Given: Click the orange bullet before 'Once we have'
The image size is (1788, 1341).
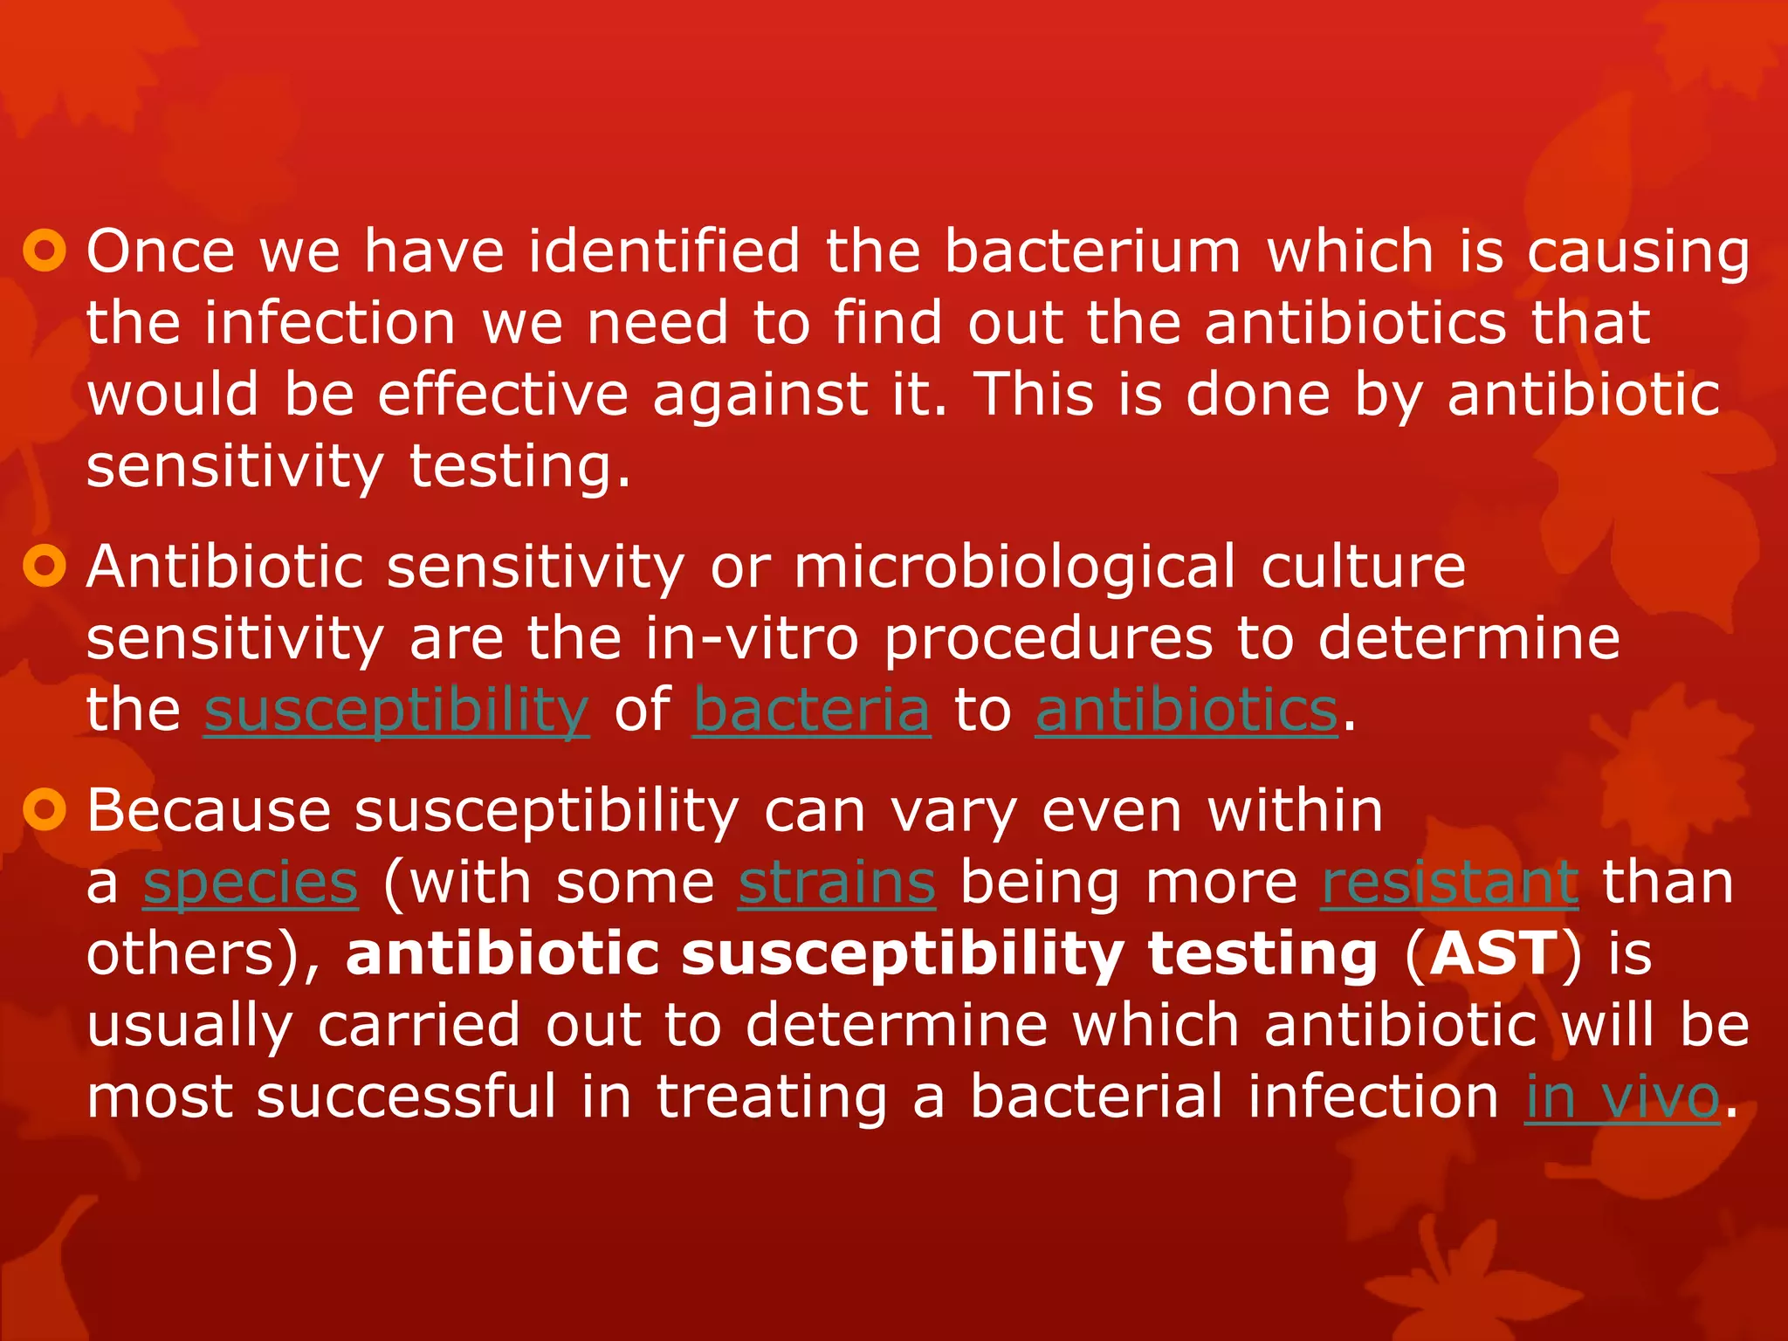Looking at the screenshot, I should pos(44,251).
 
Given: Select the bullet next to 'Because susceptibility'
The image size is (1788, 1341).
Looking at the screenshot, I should pos(44,811).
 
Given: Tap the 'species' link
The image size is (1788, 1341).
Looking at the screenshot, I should pos(251,883).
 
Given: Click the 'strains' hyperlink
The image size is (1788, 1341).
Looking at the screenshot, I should pos(837,883).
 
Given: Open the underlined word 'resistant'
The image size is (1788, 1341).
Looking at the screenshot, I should pos(1449,883).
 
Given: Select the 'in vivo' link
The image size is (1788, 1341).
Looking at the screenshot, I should pos(1622,1097).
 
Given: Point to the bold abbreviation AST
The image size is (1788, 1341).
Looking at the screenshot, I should pos(1494,953).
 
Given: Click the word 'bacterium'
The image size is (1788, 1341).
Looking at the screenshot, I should pos(1092,251).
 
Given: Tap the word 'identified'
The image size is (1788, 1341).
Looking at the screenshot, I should pos(664,251).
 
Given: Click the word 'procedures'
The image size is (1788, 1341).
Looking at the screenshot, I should pos(1049,638).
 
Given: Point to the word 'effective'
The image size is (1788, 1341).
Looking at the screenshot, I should pos(503,395).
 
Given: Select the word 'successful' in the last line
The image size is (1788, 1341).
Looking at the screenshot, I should pos(406,1097).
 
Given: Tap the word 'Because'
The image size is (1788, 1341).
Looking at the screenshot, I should pos(209,811).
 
